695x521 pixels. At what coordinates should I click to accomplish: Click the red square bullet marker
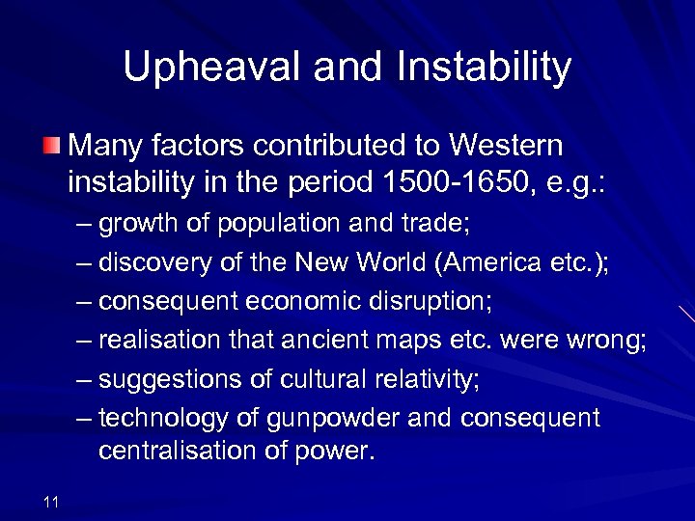coord(51,147)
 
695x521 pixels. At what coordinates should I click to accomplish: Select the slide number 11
coord(51,501)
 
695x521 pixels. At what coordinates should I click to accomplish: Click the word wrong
coord(606,342)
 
